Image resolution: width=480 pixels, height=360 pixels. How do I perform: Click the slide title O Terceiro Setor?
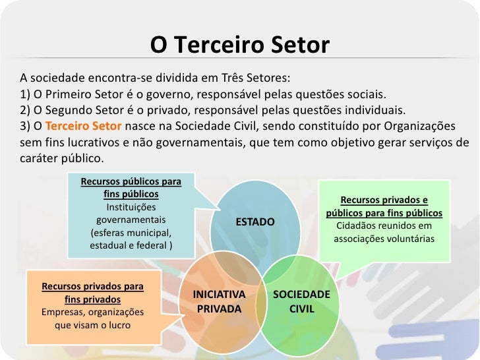[239, 45]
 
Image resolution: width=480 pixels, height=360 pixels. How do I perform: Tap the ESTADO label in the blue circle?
[255, 222]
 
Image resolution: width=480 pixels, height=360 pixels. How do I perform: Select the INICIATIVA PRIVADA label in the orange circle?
[219, 301]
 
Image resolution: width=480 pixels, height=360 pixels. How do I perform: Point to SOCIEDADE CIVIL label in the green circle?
[301, 301]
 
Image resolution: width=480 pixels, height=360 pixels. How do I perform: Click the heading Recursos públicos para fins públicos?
[131, 187]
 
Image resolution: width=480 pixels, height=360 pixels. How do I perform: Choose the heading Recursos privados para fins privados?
[92, 293]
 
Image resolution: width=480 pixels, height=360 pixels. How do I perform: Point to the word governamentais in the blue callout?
[131, 220]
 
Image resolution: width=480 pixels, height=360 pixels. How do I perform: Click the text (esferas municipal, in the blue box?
[131, 233]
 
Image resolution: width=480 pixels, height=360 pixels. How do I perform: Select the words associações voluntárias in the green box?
[384, 239]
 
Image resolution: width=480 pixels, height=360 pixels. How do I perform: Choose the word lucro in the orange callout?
[118, 325]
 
